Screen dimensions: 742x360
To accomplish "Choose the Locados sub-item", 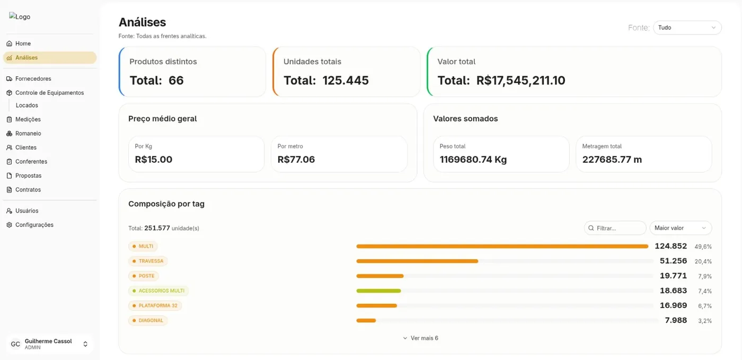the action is click(27, 105).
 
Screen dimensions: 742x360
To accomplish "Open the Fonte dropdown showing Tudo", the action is click(687, 28).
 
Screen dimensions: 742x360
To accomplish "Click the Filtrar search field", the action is click(615, 228).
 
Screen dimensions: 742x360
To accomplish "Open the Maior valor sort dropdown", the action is click(681, 228).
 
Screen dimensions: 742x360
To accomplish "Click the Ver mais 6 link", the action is click(421, 338).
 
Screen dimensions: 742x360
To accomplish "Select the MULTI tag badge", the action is click(143, 247).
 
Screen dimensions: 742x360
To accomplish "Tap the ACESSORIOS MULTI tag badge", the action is click(158, 291).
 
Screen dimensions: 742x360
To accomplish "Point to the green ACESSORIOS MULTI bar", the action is click(378, 291).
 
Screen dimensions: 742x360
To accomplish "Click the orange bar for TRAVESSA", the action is click(417, 261).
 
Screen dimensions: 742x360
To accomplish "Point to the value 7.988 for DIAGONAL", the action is click(676, 320).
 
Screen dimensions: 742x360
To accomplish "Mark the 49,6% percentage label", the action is click(703, 247).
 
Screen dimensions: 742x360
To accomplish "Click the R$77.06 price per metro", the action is click(296, 160).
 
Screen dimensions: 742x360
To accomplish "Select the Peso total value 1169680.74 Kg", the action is click(473, 160).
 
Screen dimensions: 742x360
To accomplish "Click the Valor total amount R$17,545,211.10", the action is click(520, 80).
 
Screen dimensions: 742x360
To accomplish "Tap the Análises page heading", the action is click(143, 22).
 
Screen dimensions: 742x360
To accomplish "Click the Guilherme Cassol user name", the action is click(48, 341).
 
